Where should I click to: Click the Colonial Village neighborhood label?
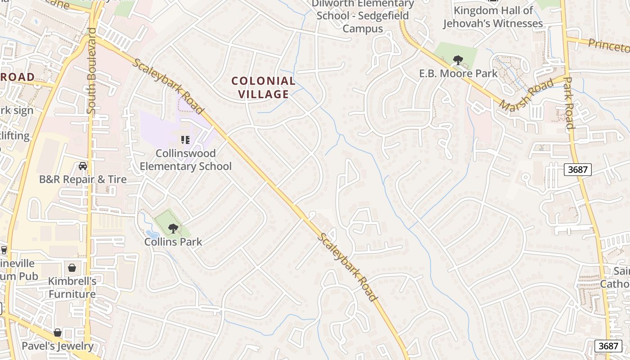point(263,87)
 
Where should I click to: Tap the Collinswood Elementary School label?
point(185,160)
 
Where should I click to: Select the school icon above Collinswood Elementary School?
point(185,140)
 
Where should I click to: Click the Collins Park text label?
point(173,242)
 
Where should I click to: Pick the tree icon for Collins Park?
point(173,229)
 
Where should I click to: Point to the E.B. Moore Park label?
point(458,73)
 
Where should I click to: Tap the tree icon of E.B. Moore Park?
point(458,60)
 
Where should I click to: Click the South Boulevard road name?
point(92,71)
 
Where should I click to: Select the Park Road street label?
point(569,103)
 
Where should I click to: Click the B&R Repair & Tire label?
point(83,179)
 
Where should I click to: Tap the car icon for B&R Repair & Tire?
point(83,166)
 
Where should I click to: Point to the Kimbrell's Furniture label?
point(72,288)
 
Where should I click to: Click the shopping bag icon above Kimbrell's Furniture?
point(72,268)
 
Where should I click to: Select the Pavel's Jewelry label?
point(58,346)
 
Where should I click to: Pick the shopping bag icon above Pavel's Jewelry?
point(58,333)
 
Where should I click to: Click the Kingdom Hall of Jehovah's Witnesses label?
point(493,17)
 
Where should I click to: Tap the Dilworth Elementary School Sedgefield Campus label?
point(363,16)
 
